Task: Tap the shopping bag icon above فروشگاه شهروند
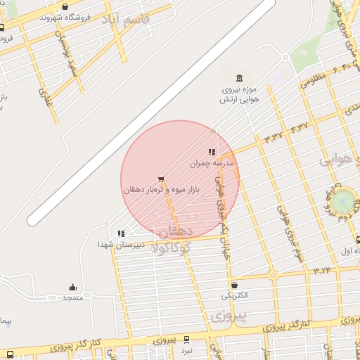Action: [65, 6]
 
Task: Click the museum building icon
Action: [239, 78]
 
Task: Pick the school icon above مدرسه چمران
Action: [211, 152]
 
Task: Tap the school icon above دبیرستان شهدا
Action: [121, 233]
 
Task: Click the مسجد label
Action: [72, 297]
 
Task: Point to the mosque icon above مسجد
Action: [72, 287]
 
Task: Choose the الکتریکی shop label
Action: [234, 295]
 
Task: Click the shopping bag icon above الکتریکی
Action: [234, 285]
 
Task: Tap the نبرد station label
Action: [186, 349]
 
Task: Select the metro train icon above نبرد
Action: [186, 339]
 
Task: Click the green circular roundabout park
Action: [344, 200]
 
